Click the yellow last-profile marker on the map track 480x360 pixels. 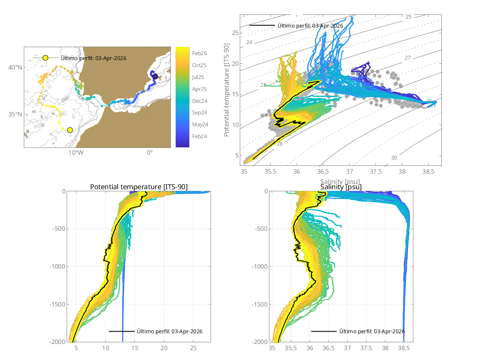[70, 130]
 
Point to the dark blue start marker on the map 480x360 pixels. [155, 77]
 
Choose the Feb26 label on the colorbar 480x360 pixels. [199, 53]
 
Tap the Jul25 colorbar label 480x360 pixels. [199, 77]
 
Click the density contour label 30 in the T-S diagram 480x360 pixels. [394, 158]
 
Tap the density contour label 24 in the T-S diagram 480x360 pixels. [249, 42]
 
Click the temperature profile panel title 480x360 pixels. [139, 187]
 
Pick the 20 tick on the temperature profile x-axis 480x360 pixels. [164, 348]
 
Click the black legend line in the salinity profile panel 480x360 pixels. [323, 331]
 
